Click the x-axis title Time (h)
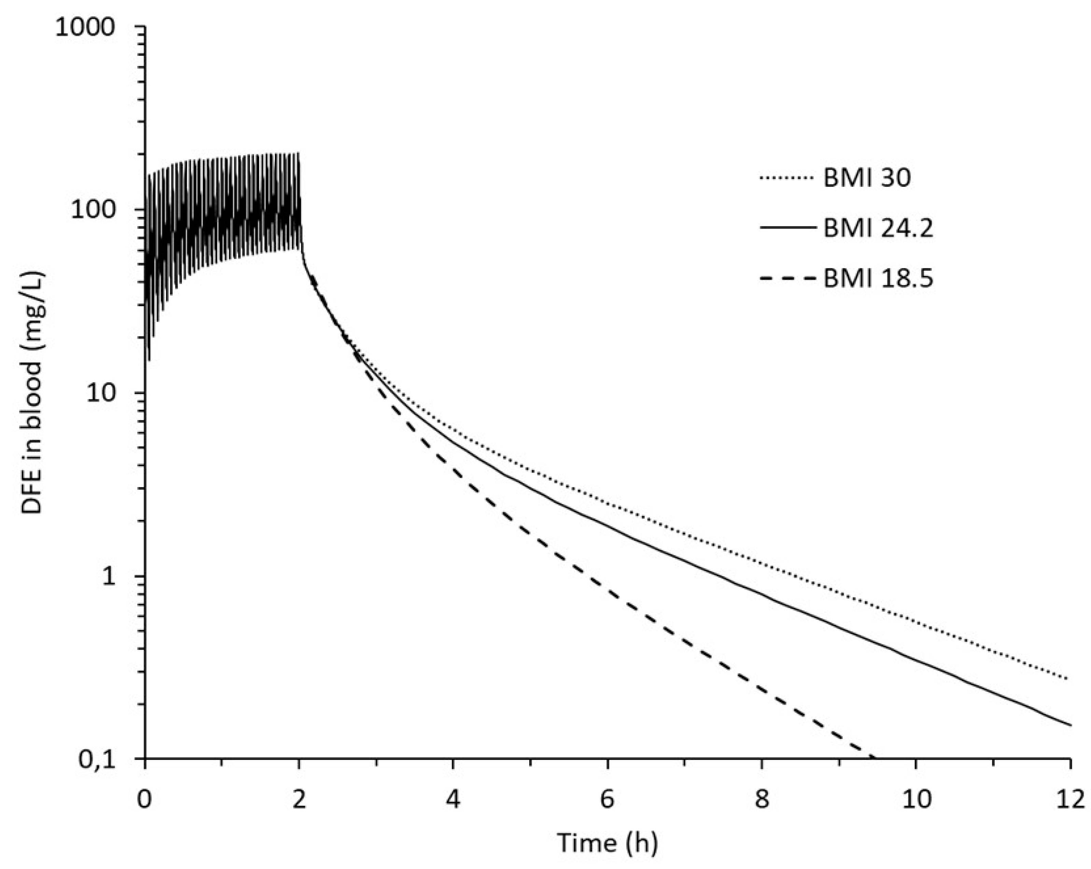607,843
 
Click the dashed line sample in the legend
788,278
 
